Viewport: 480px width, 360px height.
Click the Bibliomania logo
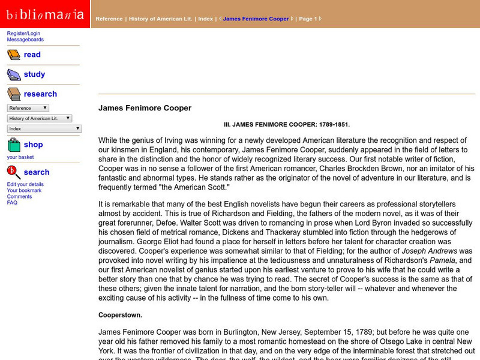pos(45,14)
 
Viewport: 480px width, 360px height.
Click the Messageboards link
pos(25,40)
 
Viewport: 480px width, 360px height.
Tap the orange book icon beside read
pos(14,55)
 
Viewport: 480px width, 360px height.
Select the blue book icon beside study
pos(14,75)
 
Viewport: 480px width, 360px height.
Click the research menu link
pos(40,94)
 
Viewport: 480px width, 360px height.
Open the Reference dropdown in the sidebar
pos(28,108)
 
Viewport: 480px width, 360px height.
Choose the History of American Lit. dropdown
pos(40,118)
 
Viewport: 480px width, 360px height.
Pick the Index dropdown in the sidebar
pos(44,128)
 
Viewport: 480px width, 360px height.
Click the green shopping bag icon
pos(14,145)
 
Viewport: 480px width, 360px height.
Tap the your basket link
pos(20,157)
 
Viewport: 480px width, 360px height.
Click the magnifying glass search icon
pos(14,173)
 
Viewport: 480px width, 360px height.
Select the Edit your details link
pos(25,184)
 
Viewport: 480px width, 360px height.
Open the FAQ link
pos(12,203)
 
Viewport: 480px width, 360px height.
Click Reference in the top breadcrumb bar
pos(109,19)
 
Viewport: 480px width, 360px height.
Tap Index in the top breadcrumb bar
pos(205,19)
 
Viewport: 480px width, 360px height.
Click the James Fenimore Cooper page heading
pos(145,108)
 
